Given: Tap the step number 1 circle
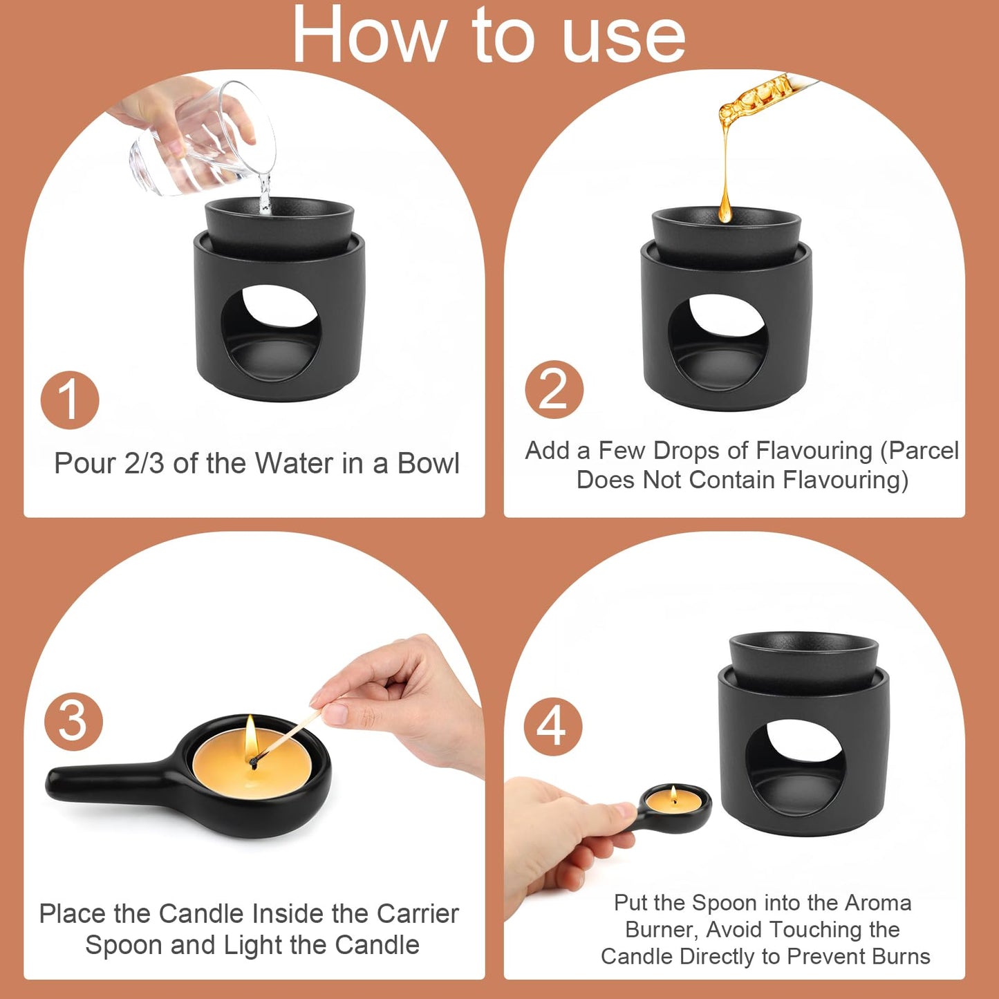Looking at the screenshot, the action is point(69,400).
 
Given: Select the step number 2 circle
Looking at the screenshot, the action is point(554,390).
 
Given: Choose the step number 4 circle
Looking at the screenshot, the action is point(552,727).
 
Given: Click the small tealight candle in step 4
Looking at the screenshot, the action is point(673,801).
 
